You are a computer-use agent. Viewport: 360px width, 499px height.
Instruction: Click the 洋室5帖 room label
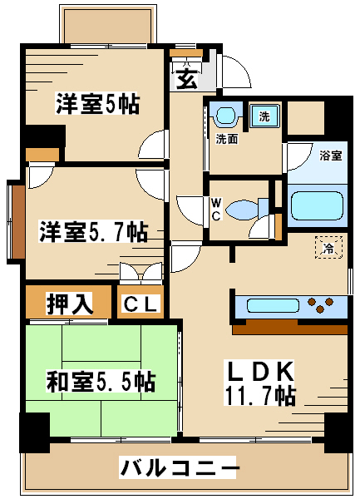pos(97,103)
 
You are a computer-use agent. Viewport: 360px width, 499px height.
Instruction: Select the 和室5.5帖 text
pos(101,381)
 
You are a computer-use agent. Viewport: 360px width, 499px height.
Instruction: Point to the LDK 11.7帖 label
pos(260,383)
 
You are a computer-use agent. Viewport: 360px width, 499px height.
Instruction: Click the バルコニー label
pos(178,467)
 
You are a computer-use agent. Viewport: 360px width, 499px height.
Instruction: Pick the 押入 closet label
pos(70,304)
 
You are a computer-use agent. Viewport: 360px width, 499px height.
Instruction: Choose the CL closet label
pos(141,304)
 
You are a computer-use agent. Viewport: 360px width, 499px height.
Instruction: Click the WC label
pos(216,209)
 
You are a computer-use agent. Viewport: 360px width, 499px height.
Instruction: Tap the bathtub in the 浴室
pos(317,206)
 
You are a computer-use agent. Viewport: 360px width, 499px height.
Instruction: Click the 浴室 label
pos(331,156)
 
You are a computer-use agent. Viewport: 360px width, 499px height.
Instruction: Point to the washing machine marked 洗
pos(264,116)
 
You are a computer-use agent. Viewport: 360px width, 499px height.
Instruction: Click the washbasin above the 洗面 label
pos(226,115)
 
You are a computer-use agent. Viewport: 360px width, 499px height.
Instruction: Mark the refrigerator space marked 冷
pos(328,247)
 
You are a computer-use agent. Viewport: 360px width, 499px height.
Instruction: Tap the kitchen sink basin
pos(273,306)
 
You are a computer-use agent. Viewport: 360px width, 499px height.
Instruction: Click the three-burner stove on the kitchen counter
pos(321,304)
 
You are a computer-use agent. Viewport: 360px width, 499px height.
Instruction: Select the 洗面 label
pos(227,139)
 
